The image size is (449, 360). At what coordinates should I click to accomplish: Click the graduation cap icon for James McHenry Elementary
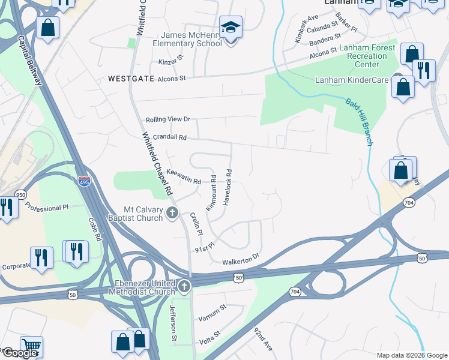coord(231,28)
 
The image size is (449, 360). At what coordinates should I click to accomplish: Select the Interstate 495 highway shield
coord(85,181)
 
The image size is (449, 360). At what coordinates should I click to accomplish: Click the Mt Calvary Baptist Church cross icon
coord(172,212)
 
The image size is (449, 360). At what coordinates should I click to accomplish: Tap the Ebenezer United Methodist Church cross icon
coord(184,286)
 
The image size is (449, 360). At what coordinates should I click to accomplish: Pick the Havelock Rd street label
coord(228,187)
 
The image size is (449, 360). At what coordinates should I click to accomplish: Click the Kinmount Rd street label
coord(211,197)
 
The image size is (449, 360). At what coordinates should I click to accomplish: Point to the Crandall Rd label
coord(170,137)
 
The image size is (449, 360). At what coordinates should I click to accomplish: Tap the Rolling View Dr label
coord(167,119)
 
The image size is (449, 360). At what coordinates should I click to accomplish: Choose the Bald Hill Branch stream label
coord(359,122)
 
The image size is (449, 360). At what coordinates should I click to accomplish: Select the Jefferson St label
coord(173,323)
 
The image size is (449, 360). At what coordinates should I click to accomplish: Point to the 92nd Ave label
coord(263,340)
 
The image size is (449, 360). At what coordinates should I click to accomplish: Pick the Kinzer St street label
coord(170,62)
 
